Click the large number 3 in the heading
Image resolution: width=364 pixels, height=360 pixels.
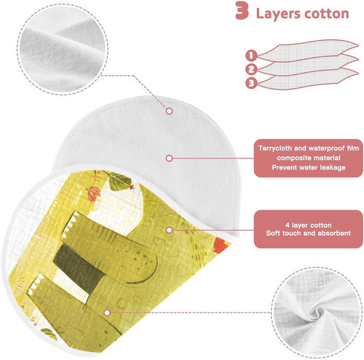(x=242, y=10)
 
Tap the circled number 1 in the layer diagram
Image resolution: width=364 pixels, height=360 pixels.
(x=251, y=56)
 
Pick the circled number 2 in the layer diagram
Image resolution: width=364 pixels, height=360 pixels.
(x=251, y=69)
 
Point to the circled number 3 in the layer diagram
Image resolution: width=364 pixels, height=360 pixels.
(x=251, y=83)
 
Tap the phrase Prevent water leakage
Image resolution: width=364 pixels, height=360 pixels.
(x=308, y=167)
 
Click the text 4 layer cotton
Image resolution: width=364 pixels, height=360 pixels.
(x=308, y=225)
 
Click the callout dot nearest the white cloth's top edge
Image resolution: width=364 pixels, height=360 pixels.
(x=169, y=111)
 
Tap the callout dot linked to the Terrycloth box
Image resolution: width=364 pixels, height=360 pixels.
(x=169, y=158)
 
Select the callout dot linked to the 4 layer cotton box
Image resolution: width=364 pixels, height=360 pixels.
(x=169, y=230)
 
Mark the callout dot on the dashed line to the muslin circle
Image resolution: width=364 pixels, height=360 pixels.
(x=107, y=312)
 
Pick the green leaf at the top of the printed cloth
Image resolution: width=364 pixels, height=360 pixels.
(x=119, y=181)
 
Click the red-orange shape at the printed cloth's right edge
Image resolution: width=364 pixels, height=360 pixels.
(x=222, y=245)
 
